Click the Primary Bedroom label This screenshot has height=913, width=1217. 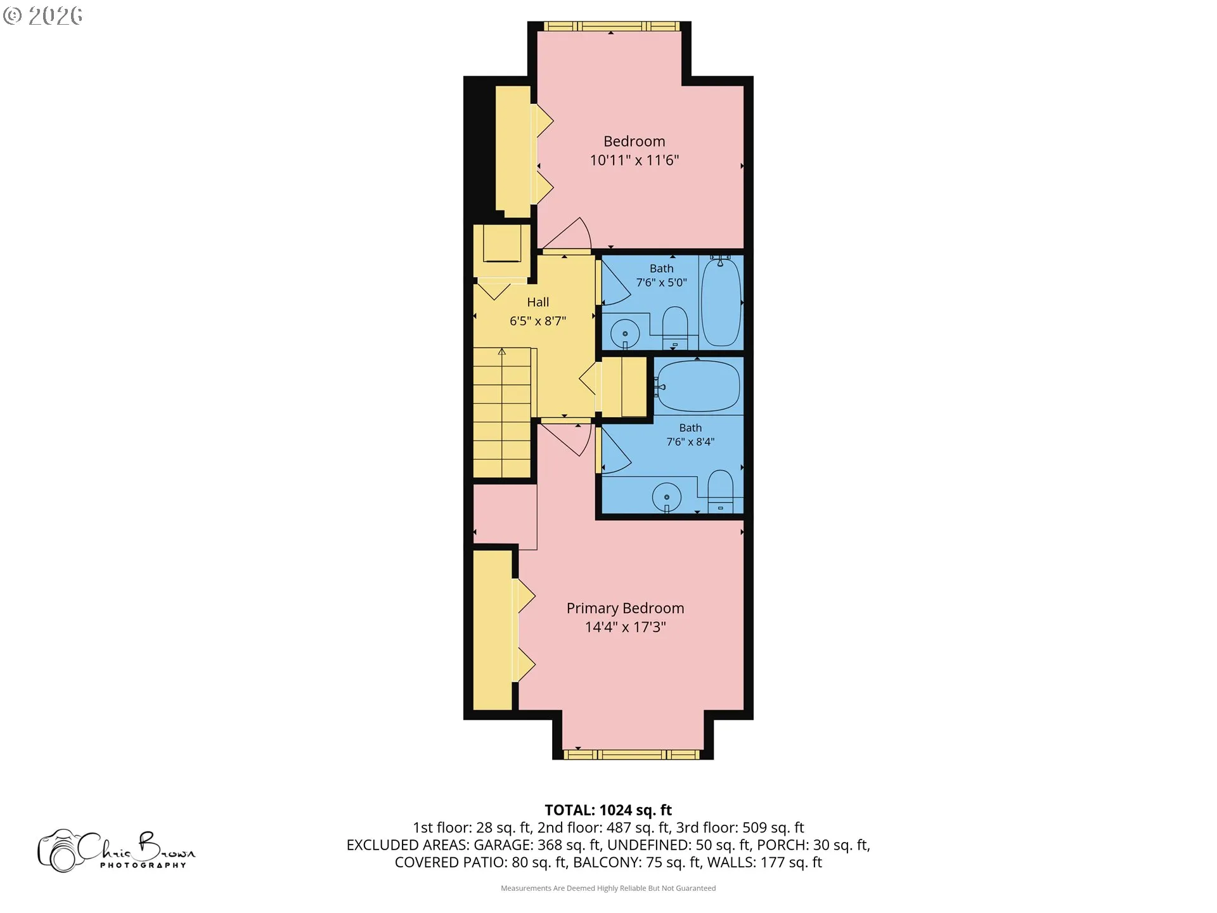point(625,609)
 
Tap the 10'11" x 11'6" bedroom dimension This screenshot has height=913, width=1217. point(634,160)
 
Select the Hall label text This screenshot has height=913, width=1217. point(538,302)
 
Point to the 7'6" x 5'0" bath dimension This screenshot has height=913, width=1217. point(661,283)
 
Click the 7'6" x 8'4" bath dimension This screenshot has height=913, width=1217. point(690,442)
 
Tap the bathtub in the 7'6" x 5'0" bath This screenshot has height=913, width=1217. point(721,301)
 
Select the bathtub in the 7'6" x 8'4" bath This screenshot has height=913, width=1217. point(699,386)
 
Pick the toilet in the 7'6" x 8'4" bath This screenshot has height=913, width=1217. point(720,491)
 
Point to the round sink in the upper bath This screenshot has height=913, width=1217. point(625,333)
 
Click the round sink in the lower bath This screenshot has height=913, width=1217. point(667,496)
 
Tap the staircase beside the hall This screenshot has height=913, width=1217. point(502,412)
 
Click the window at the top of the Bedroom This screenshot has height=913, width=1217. point(612,26)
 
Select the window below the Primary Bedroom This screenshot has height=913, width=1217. point(633,754)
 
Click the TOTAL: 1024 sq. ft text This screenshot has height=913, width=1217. point(608,810)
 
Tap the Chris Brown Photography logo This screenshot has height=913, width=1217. point(117,850)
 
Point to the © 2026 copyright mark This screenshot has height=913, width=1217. point(42,16)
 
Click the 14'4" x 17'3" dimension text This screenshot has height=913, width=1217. point(625,627)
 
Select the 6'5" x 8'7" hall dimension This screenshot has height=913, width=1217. point(538,321)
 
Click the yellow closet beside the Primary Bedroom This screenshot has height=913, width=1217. point(493,630)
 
